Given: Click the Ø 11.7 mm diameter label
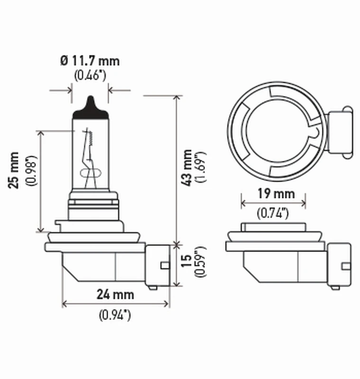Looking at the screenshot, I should click(90, 61).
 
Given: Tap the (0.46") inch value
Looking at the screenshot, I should click(90, 75).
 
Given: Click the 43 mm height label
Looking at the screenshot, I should click(188, 167).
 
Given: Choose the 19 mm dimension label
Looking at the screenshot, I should click(273, 193).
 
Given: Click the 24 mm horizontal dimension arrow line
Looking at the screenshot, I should click(116, 304).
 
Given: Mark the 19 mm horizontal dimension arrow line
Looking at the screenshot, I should click(273, 203).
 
